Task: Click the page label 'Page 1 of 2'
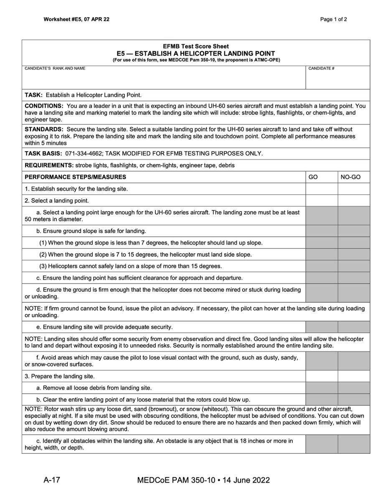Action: click(x=333, y=19)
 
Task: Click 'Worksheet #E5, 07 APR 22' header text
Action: click(x=76, y=19)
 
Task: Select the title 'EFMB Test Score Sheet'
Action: click(x=196, y=46)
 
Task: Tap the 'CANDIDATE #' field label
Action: click(x=321, y=68)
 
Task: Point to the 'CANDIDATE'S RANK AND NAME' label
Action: click(x=55, y=68)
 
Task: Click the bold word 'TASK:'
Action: click(x=35, y=95)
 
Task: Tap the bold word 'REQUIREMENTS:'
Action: click(x=49, y=165)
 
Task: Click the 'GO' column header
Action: click(x=313, y=177)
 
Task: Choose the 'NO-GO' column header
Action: click(x=350, y=177)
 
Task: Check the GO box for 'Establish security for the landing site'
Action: click(x=322, y=189)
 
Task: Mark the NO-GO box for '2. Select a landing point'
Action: click(x=354, y=200)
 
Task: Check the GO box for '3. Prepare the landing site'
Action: click(x=322, y=376)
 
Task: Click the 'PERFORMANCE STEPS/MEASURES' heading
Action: click(x=76, y=177)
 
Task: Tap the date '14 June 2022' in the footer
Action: click(x=246, y=480)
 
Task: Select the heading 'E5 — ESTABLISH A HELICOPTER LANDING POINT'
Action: click(x=196, y=53)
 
